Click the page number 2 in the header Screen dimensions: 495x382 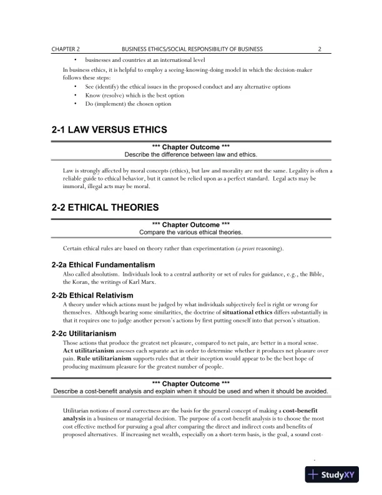pos(319,48)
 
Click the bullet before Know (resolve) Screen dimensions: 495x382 pos(76,95)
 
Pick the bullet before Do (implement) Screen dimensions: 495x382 pos(76,104)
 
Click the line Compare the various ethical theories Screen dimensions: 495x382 pos(191,232)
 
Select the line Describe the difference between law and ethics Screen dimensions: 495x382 pos(191,154)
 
